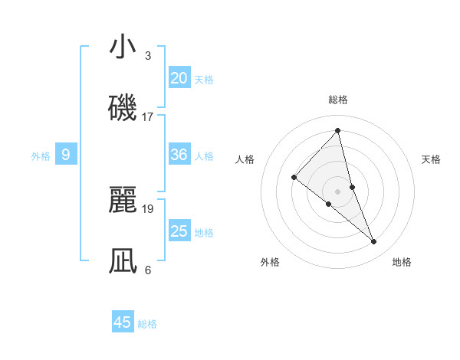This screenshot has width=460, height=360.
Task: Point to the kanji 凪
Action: (x=123, y=260)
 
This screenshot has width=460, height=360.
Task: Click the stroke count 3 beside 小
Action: (x=148, y=56)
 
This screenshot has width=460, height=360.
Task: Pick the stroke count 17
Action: (x=148, y=117)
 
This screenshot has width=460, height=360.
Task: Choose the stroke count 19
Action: (x=148, y=208)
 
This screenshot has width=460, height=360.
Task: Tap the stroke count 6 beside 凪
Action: (x=148, y=270)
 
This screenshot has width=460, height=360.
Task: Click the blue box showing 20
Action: (x=179, y=78)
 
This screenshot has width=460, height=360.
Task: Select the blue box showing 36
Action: (x=179, y=155)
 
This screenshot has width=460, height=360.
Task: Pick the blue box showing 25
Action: (x=179, y=231)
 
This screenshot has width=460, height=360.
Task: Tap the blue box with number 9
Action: (x=66, y=155)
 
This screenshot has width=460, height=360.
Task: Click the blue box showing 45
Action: (x=123, y=322)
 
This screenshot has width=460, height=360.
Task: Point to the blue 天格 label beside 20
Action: (x=204, y=80)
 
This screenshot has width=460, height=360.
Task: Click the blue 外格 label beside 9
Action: (x=41, y=156)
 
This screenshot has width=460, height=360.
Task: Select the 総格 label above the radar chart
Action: (x=338, y=100)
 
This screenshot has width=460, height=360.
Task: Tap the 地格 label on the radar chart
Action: (x=402, y=263)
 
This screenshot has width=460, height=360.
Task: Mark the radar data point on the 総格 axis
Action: (x=338, y=131)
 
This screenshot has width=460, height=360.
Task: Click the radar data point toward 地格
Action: (x=374, y=242)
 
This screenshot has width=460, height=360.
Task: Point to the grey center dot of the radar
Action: (x=338, y=191)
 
